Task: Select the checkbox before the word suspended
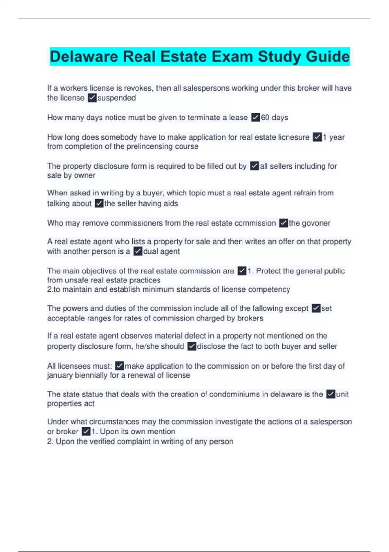92,98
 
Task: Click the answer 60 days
274,118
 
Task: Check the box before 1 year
317,137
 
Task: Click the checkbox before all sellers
254,166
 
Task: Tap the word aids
171,204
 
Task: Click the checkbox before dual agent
138,251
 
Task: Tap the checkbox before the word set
316,308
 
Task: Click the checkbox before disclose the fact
192,346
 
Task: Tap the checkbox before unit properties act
331,394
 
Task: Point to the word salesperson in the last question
331,422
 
